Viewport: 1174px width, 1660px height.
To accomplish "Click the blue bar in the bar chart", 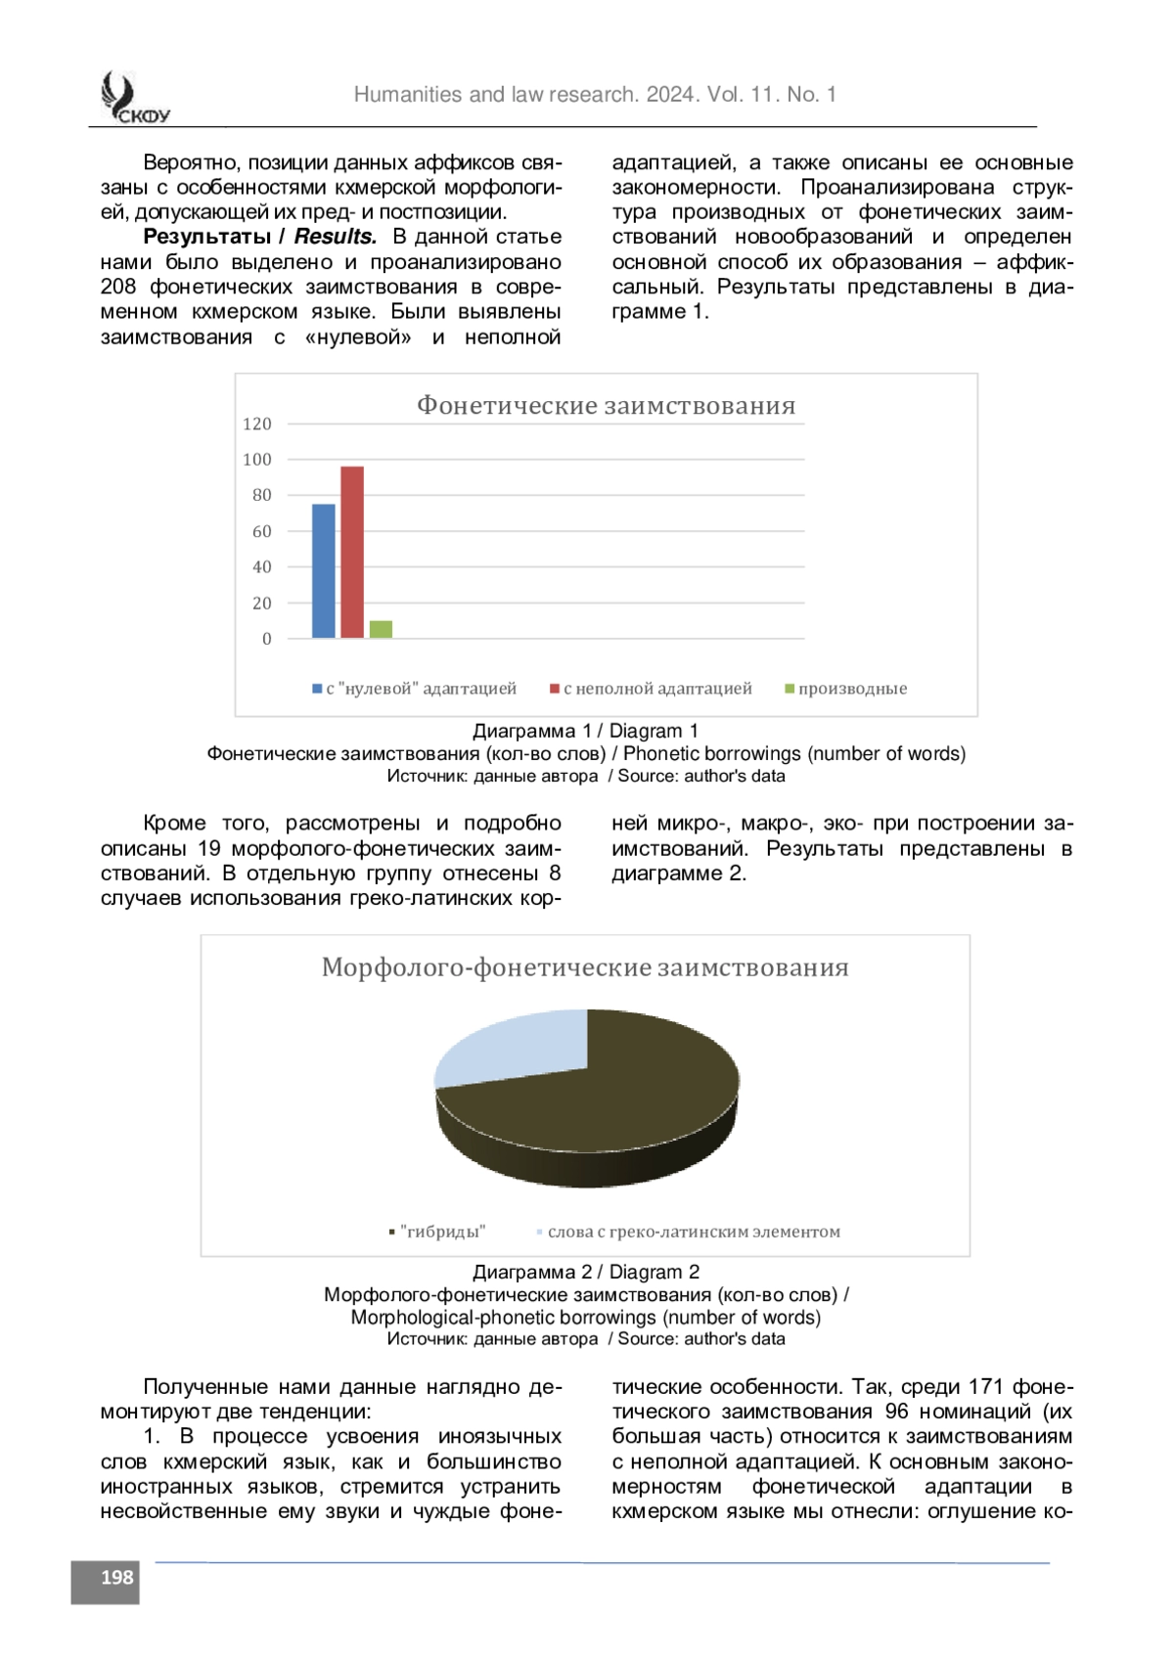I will [323, 571].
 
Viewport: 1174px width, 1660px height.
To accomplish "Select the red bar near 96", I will [352, 553].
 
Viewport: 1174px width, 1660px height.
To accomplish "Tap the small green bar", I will [381, 629].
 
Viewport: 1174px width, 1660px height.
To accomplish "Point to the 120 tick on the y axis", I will [257, 424].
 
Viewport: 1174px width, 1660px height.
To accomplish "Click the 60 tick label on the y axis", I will [262, 531].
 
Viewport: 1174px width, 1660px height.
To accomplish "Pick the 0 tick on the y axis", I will [267, 639].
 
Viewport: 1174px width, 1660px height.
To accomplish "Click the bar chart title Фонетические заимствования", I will [607, 405].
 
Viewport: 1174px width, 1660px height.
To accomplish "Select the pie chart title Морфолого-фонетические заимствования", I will [585, 967].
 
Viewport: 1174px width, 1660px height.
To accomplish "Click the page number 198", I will [116, 1577].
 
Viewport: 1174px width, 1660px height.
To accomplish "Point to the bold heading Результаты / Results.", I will [260, 237].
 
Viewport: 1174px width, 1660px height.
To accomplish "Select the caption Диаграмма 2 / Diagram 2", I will [586, 1272].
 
